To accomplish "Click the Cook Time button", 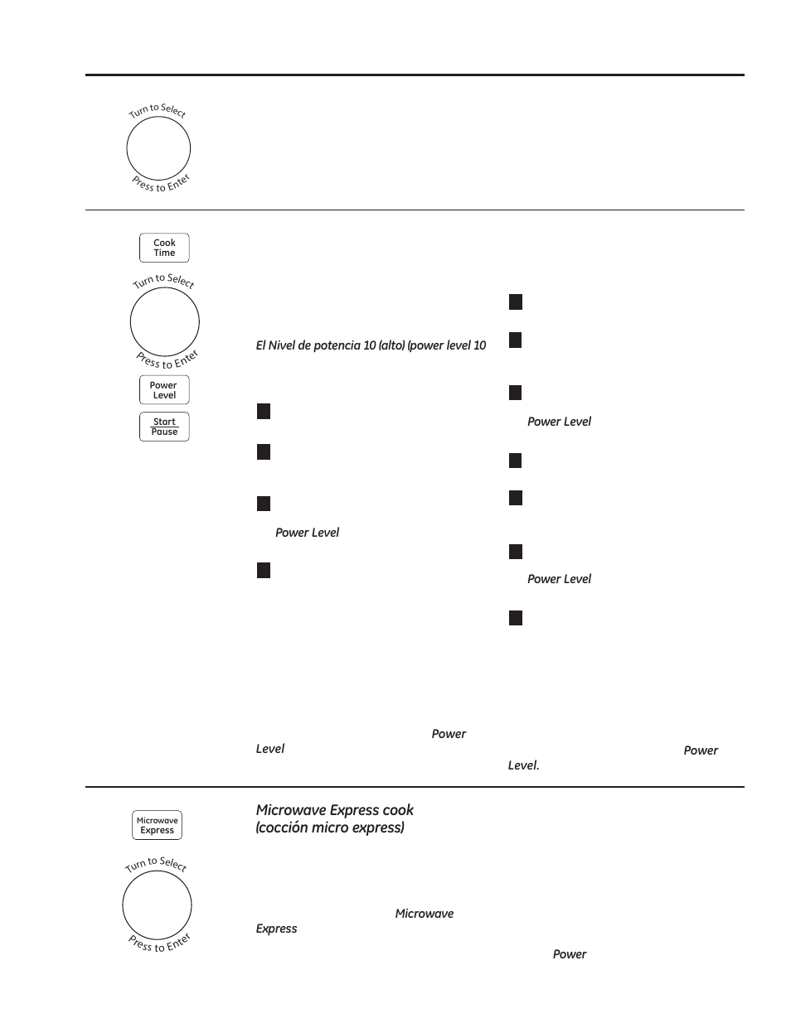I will [x=164, y=248].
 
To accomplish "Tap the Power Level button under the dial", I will [x=164, y=390].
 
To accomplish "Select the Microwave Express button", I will [x=157, y=826].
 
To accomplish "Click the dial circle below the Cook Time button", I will [x=165, y=322].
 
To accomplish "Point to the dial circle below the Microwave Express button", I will [x=157, y=905].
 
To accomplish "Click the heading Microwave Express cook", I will [x=334, y=810].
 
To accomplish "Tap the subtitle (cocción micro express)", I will [x=330, y=828].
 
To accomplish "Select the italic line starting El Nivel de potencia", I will [x=371, y=345].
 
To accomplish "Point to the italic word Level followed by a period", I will [x=523, y=765].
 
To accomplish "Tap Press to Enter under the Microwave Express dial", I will [x=159, y=943].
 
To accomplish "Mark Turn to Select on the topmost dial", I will [x=158, y=110].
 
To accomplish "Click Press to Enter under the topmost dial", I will [x=161, y=184].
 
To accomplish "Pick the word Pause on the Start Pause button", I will [x=164, y=432].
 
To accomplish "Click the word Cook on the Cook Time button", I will [x=164, y=243].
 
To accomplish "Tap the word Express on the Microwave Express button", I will [x=157, y=831].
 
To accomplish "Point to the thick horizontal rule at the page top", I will [x=415, y=75].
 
